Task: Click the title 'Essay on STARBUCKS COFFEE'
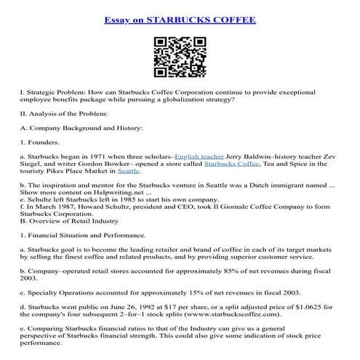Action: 180,20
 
